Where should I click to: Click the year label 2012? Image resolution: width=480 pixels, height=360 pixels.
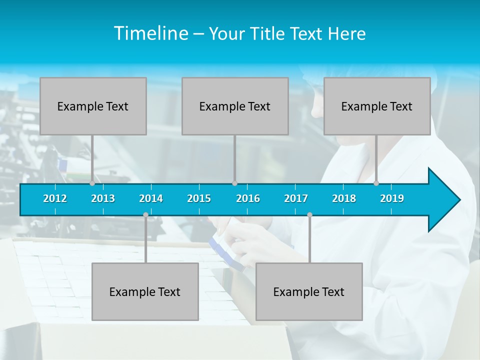pos(55,198)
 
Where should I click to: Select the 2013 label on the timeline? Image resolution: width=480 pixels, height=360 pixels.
pos(103,198)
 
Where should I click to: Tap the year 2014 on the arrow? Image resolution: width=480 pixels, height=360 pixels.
pos(151,198)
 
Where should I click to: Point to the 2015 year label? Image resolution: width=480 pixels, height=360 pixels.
pos(199,198)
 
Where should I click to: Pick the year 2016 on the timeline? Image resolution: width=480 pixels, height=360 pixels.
pos(248,198)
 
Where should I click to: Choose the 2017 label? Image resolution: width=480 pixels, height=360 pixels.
pos(296,198)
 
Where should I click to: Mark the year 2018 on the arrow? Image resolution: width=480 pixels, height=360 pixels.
pos(344,198)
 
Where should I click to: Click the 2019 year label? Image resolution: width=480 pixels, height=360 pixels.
pos(392,198)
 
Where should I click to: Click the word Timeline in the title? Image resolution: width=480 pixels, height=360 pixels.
pos(151,33)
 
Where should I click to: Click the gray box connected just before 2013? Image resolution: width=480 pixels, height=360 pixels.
pos(93,106)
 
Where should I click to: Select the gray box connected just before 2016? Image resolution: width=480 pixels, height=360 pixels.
pos(235,106)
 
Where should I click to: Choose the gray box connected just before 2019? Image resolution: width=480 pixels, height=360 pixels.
pos(377,106)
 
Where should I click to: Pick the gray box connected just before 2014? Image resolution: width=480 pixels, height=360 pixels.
pos(145,291)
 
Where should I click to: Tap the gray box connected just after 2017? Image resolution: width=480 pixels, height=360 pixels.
pos(309,291)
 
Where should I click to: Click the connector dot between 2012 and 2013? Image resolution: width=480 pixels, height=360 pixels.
pos(92,183)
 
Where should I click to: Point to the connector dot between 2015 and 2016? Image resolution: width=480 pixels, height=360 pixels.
pos(234,183)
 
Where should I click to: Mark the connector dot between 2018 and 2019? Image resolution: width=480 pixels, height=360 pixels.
pos(376,183)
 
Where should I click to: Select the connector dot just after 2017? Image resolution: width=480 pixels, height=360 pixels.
pos(309,214)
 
